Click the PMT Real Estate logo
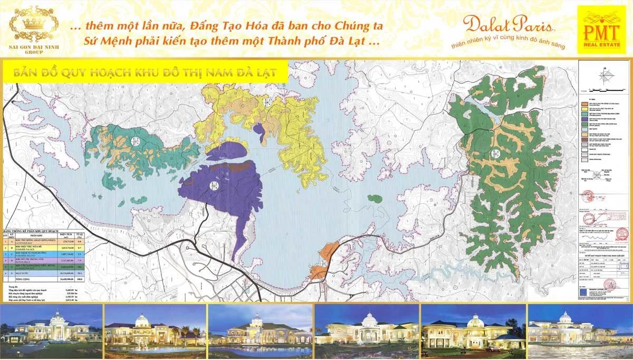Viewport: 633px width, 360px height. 603,30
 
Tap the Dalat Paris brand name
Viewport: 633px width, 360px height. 507,24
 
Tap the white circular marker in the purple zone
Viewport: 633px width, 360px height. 214,185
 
